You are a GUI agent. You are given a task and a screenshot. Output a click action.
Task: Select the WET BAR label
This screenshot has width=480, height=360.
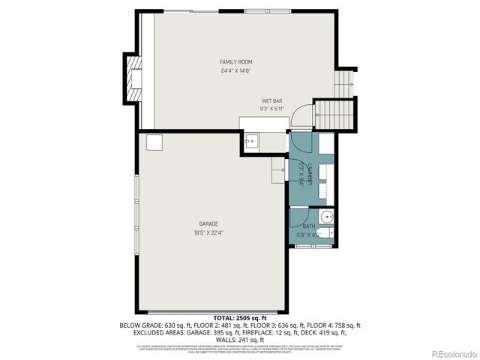click(x=271, y=100)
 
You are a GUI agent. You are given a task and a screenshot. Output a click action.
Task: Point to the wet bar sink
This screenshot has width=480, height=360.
click(x=252, y=140)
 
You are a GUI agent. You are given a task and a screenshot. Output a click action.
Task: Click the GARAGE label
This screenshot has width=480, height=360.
click(x=208, y=223)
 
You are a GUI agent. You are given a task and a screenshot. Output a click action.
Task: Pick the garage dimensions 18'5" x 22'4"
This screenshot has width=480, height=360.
click(x=208, y=232)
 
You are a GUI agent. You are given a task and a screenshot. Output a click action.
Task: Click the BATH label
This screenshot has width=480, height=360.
click(x=309, y=226)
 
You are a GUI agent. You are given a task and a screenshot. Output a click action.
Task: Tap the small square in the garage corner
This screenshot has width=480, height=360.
click(x=154, y=142)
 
